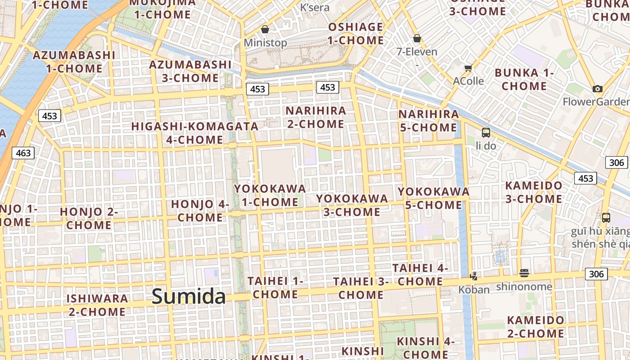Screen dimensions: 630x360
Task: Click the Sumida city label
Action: point(189,296)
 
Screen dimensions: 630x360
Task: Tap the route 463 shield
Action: point(23,153)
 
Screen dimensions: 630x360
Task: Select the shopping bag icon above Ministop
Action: point(265,30)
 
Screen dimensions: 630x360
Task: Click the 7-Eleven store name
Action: point(417,52)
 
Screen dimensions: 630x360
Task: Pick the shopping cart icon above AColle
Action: point(468,68)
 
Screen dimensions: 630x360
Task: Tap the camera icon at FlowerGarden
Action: point(597,89)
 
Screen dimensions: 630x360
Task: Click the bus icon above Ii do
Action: point(486,133)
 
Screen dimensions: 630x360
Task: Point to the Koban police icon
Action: point(473,276)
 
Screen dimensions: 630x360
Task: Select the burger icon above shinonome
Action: point(524,273)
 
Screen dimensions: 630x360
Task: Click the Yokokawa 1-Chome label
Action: point(270,195)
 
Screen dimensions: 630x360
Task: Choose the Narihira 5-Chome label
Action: point(428,121)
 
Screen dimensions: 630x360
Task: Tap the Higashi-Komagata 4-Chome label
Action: point(195,133)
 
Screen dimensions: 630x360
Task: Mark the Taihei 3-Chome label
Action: point(361,288)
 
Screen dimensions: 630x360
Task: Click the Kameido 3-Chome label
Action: point(534,192)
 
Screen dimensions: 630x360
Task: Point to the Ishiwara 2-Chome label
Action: point(97,305)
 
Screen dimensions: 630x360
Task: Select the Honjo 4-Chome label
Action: point(200,211)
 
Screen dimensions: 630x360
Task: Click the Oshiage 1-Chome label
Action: point(355,33)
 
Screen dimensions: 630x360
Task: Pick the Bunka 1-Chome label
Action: point(524,79)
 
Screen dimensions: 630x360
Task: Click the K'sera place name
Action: point(315,8)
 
